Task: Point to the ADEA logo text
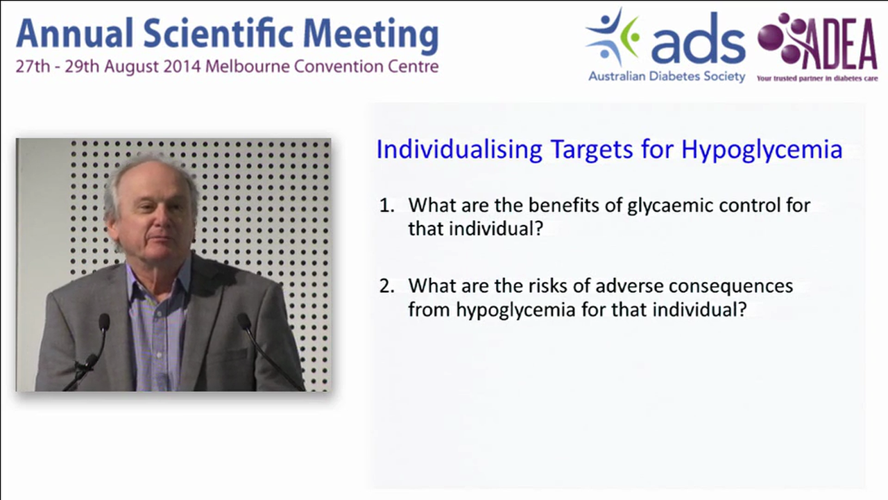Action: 839,47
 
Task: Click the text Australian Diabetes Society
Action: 667,76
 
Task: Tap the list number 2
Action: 386,286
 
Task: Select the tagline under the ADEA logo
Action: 817,78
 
